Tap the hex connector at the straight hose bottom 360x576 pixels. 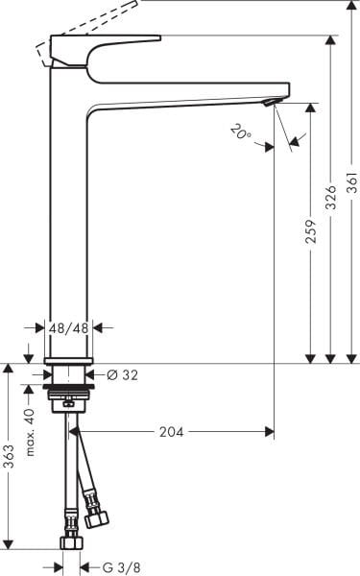70,542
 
